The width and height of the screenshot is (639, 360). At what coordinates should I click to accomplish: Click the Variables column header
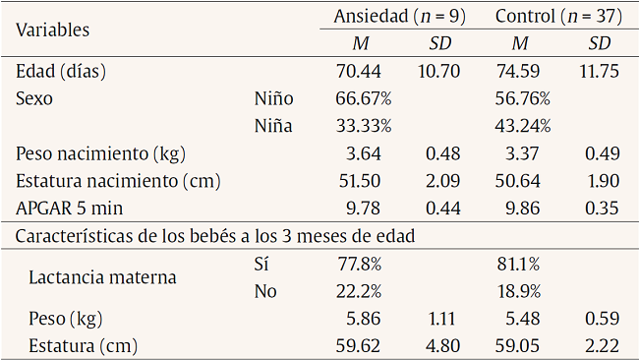53,30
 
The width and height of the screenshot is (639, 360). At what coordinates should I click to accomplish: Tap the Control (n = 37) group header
558,16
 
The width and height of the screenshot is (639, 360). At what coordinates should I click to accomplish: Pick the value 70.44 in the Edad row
358,72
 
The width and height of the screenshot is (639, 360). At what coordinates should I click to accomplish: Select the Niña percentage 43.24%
522,125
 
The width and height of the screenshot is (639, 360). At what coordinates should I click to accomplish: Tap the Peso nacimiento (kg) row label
100,153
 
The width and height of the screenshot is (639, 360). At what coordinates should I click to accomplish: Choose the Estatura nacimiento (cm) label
118,181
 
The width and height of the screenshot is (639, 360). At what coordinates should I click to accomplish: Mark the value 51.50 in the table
358,181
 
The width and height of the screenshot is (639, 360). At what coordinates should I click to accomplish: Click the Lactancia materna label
102,277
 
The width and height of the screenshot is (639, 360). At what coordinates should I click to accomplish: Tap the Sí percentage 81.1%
517,265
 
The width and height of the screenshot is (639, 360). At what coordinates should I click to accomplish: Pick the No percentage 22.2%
358,292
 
